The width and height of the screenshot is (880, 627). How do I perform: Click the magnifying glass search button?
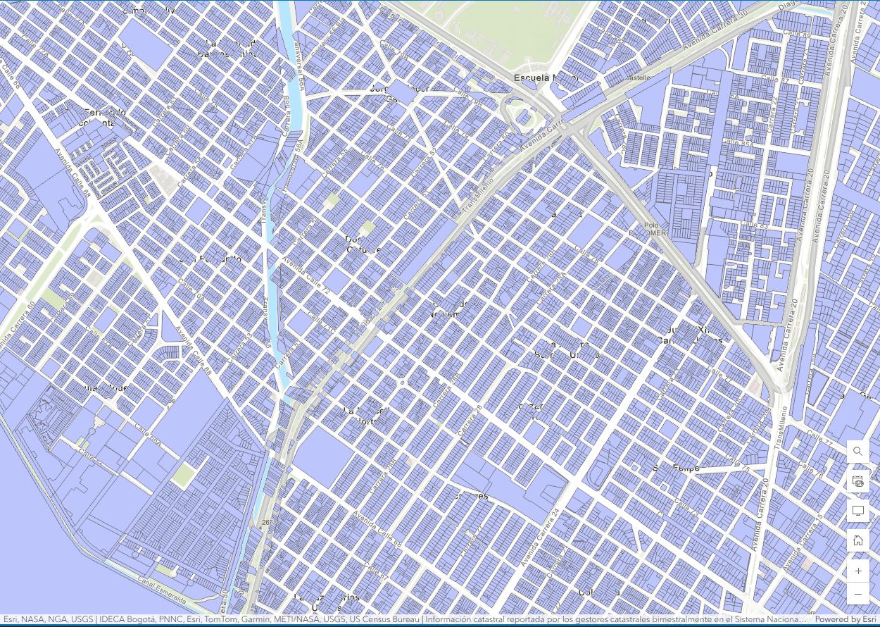tap(857, 452)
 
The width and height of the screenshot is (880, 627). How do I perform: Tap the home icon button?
tap(857, 540)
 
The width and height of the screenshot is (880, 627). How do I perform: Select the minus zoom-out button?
tap(857, 595)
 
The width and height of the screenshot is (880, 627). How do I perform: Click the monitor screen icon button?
tap(857, 511)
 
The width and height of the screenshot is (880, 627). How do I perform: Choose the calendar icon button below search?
tap(857, 481)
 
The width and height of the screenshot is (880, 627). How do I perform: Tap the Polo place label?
tap(651, 225)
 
